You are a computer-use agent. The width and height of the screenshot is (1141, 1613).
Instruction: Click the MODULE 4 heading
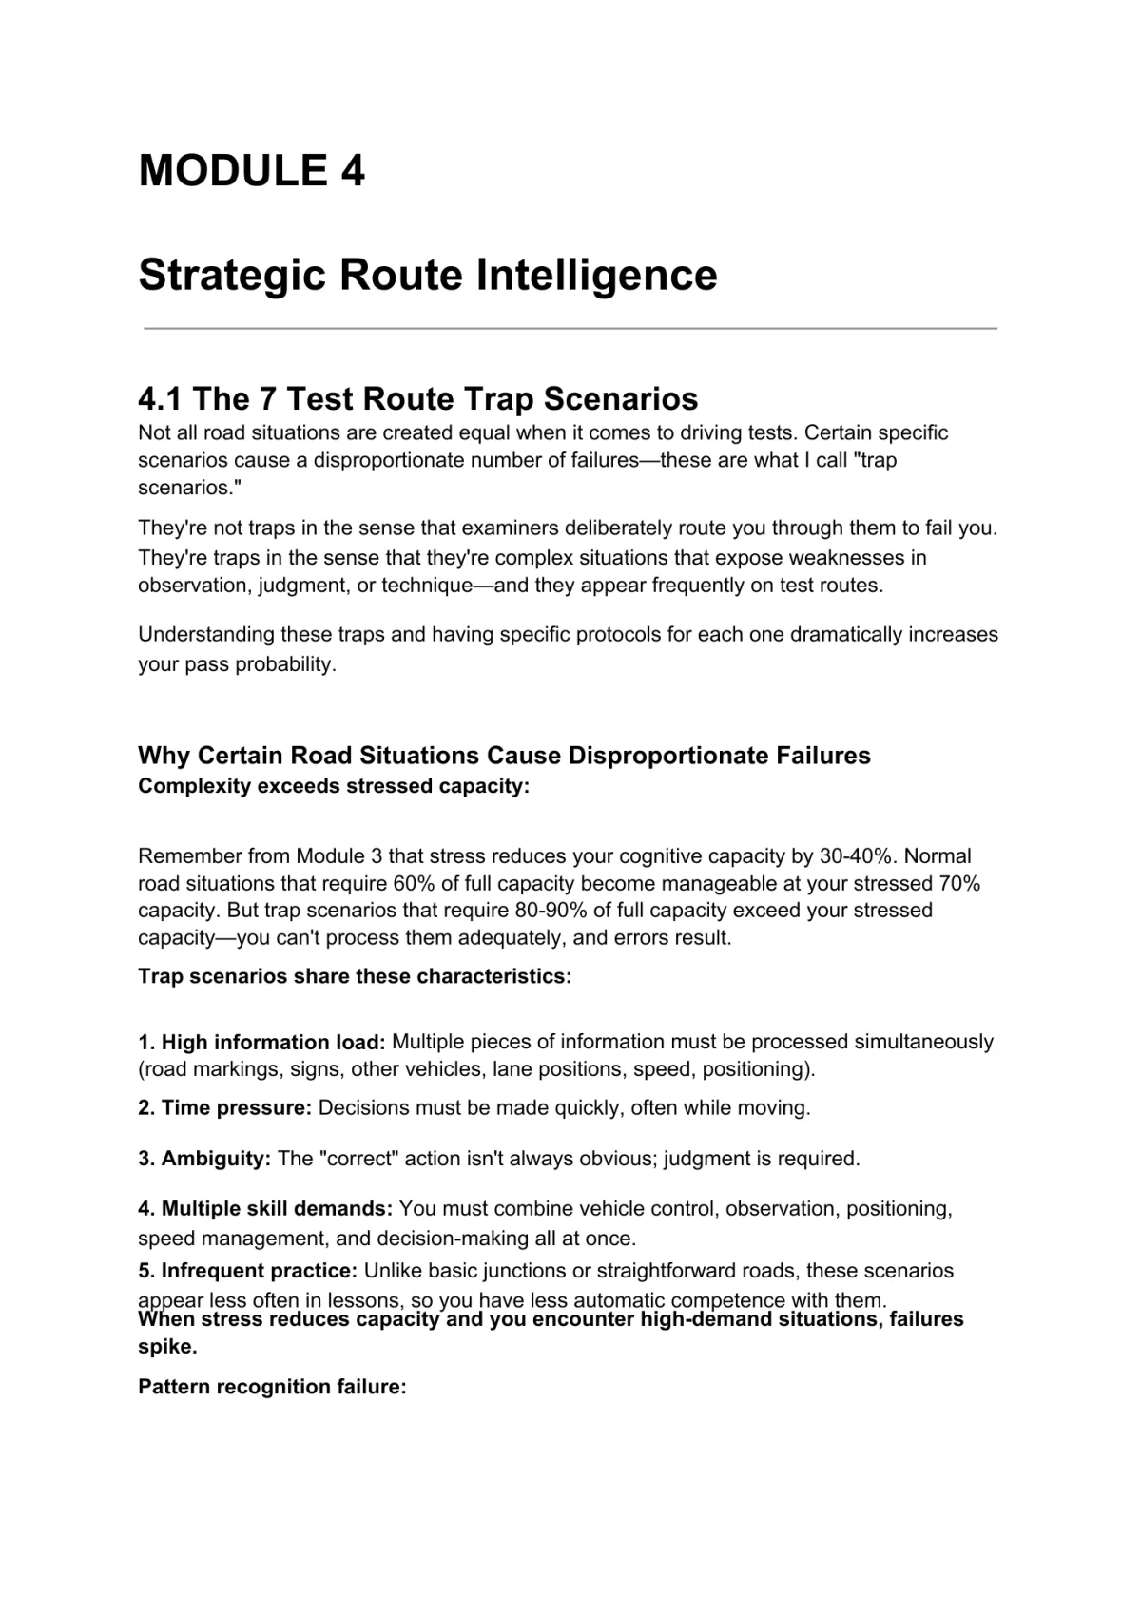[x=251, y=171]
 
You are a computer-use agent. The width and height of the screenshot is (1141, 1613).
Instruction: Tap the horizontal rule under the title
[x=570, y=329]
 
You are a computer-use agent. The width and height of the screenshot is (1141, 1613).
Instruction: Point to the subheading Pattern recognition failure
[x=272, y=1387]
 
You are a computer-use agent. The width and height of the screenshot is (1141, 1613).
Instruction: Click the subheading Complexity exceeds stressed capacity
[x=333, y=787]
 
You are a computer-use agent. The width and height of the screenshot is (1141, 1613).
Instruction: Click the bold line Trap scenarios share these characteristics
[x=355, y=977]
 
